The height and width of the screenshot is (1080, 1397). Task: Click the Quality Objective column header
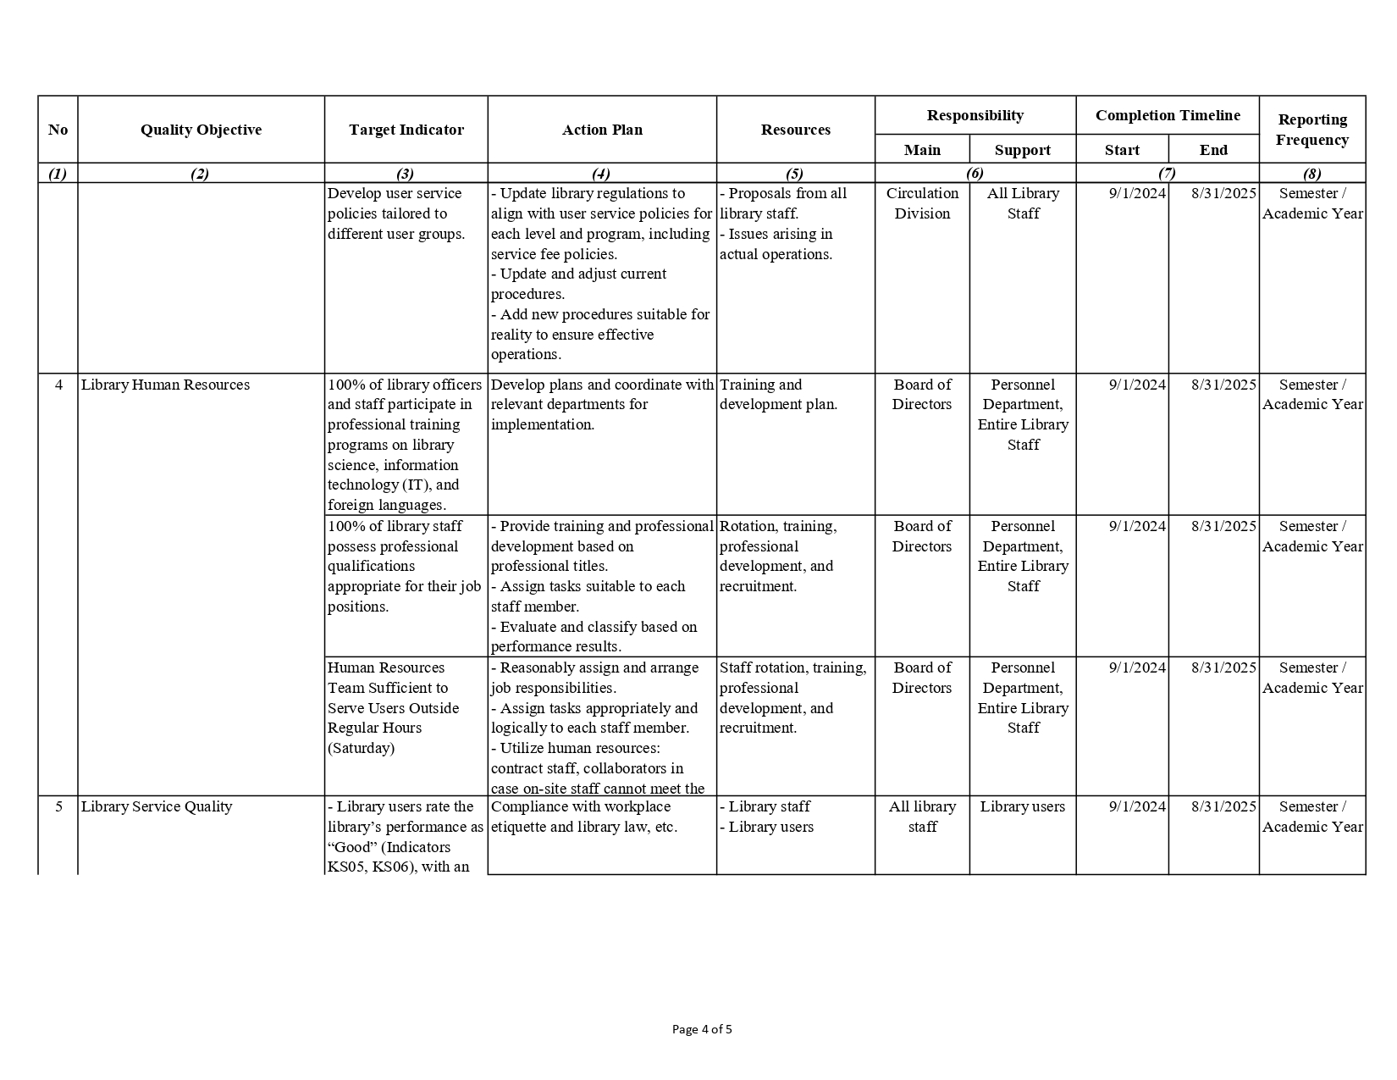[201, 130]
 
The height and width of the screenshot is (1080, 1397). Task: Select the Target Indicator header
[406, 130]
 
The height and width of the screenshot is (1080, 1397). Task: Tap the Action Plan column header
[602, 130]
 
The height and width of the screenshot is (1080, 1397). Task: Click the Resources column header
[795, 130]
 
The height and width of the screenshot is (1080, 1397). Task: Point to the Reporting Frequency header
[1311, 130]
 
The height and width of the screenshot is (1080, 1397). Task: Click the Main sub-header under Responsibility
[922, 150]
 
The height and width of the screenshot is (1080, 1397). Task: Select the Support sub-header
[1022, 150]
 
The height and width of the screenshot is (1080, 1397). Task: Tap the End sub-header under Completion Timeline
[1212, 150]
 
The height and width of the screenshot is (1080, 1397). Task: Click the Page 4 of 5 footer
[702, 1029]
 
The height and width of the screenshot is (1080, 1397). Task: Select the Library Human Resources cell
[165, 385]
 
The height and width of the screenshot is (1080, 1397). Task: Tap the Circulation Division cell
[922, 203]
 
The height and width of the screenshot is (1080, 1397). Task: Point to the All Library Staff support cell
[1023, 203]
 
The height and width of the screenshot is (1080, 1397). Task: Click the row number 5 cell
[58, 806]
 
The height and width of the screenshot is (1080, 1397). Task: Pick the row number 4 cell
[58, 385]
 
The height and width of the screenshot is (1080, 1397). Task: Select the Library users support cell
[1023, 806]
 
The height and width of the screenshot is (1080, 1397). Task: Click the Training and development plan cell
[778, 395]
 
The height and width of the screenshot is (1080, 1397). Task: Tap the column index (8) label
[1311, 174]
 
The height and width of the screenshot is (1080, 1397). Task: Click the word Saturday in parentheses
[362, 748]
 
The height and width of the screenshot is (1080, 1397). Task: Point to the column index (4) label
[600, 174]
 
